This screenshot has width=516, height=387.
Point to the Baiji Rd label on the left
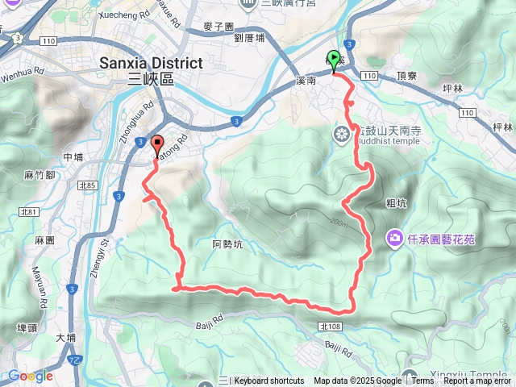208,326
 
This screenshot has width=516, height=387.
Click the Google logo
31,376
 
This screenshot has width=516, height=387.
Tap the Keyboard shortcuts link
268,381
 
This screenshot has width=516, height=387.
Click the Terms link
422,381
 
